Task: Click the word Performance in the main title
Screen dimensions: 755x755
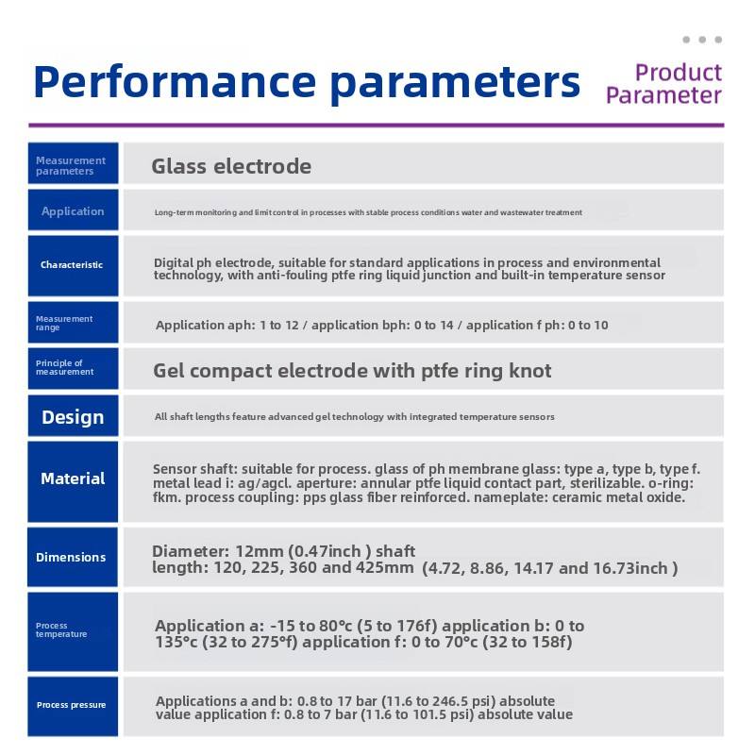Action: point(175,82)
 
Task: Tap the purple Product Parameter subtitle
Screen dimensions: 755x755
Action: point(664,84)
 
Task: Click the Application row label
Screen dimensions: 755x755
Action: point(73,211)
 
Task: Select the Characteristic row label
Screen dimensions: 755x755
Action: point(72,265)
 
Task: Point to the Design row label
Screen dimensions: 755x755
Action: point(73,417)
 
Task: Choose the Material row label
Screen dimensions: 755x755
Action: point(73,478)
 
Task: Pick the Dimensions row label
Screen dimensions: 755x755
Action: point(71,557)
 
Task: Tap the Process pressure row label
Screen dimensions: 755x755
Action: point(72,705)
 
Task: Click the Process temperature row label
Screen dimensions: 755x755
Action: point(61,629)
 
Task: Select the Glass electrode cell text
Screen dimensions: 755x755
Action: point(231,167)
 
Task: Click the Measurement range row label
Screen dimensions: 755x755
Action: point(64,323)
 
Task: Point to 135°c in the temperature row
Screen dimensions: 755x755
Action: point(176,642)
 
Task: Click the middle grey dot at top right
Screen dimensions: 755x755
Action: point(702,40)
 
